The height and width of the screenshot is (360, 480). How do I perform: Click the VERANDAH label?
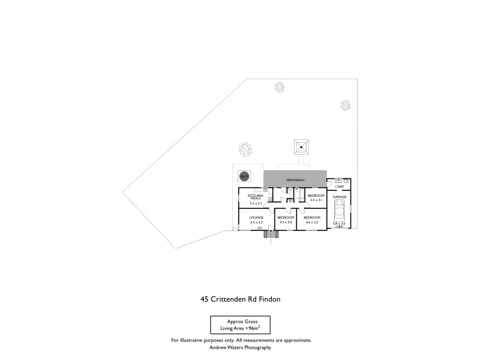pyautogui.click(x=294, y=180)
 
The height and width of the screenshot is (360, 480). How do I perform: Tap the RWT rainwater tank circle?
pyautogui.click(x=244, y=176)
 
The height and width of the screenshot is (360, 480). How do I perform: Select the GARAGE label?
pyautogui.click(x=340, y=197)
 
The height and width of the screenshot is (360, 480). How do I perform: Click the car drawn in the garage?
pyautogui.click(x=340, y=211)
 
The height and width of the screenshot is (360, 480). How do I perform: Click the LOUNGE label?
pyautogui.click(x=256, y=218)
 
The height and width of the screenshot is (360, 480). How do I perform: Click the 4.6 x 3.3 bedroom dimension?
pyautogui.click(x=312, y=222)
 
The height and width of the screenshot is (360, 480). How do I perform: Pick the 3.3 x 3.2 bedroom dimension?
pyautogui.click(x=285, y=222)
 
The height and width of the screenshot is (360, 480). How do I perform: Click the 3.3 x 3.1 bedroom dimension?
pyautogui.click(x=316, y=200)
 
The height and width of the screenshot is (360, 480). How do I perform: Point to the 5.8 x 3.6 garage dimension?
pyautogui.click(x=340, y=223)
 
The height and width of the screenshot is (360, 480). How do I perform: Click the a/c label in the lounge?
pyautogui.click(x=260, y=228)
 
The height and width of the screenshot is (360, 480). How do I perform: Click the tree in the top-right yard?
pyautogui.click(x=346, y=106)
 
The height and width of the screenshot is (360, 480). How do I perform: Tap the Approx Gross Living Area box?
pyautogui.click(x=240, y=325)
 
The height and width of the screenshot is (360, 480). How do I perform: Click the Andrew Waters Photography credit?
pyautogui.click(x=240, y=347)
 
